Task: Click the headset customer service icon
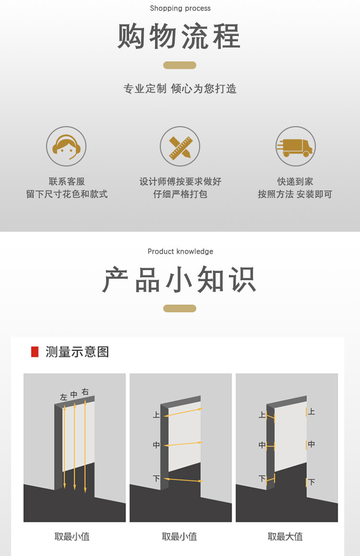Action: (66, 146)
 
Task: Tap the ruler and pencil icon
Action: (180, 146)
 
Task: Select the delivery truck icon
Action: (295, 146)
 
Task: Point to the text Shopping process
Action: (180, 8)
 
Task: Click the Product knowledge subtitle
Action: (180, 251)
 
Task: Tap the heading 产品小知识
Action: (180, 280)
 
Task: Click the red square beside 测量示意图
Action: (35, 352)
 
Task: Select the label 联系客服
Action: (67, 181)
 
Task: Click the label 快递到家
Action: (295, 181)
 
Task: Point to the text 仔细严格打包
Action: (180, 194)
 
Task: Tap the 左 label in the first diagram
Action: (63, 397)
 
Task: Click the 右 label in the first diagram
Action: (85, 392)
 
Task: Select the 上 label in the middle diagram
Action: (156, 414)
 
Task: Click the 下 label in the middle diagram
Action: (156, 478)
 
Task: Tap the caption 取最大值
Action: (286, 537)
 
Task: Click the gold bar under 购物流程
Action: (180, 65)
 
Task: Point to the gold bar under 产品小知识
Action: (180, 308)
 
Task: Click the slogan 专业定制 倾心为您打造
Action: (180, 89)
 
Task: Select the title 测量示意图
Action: (77, 352)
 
